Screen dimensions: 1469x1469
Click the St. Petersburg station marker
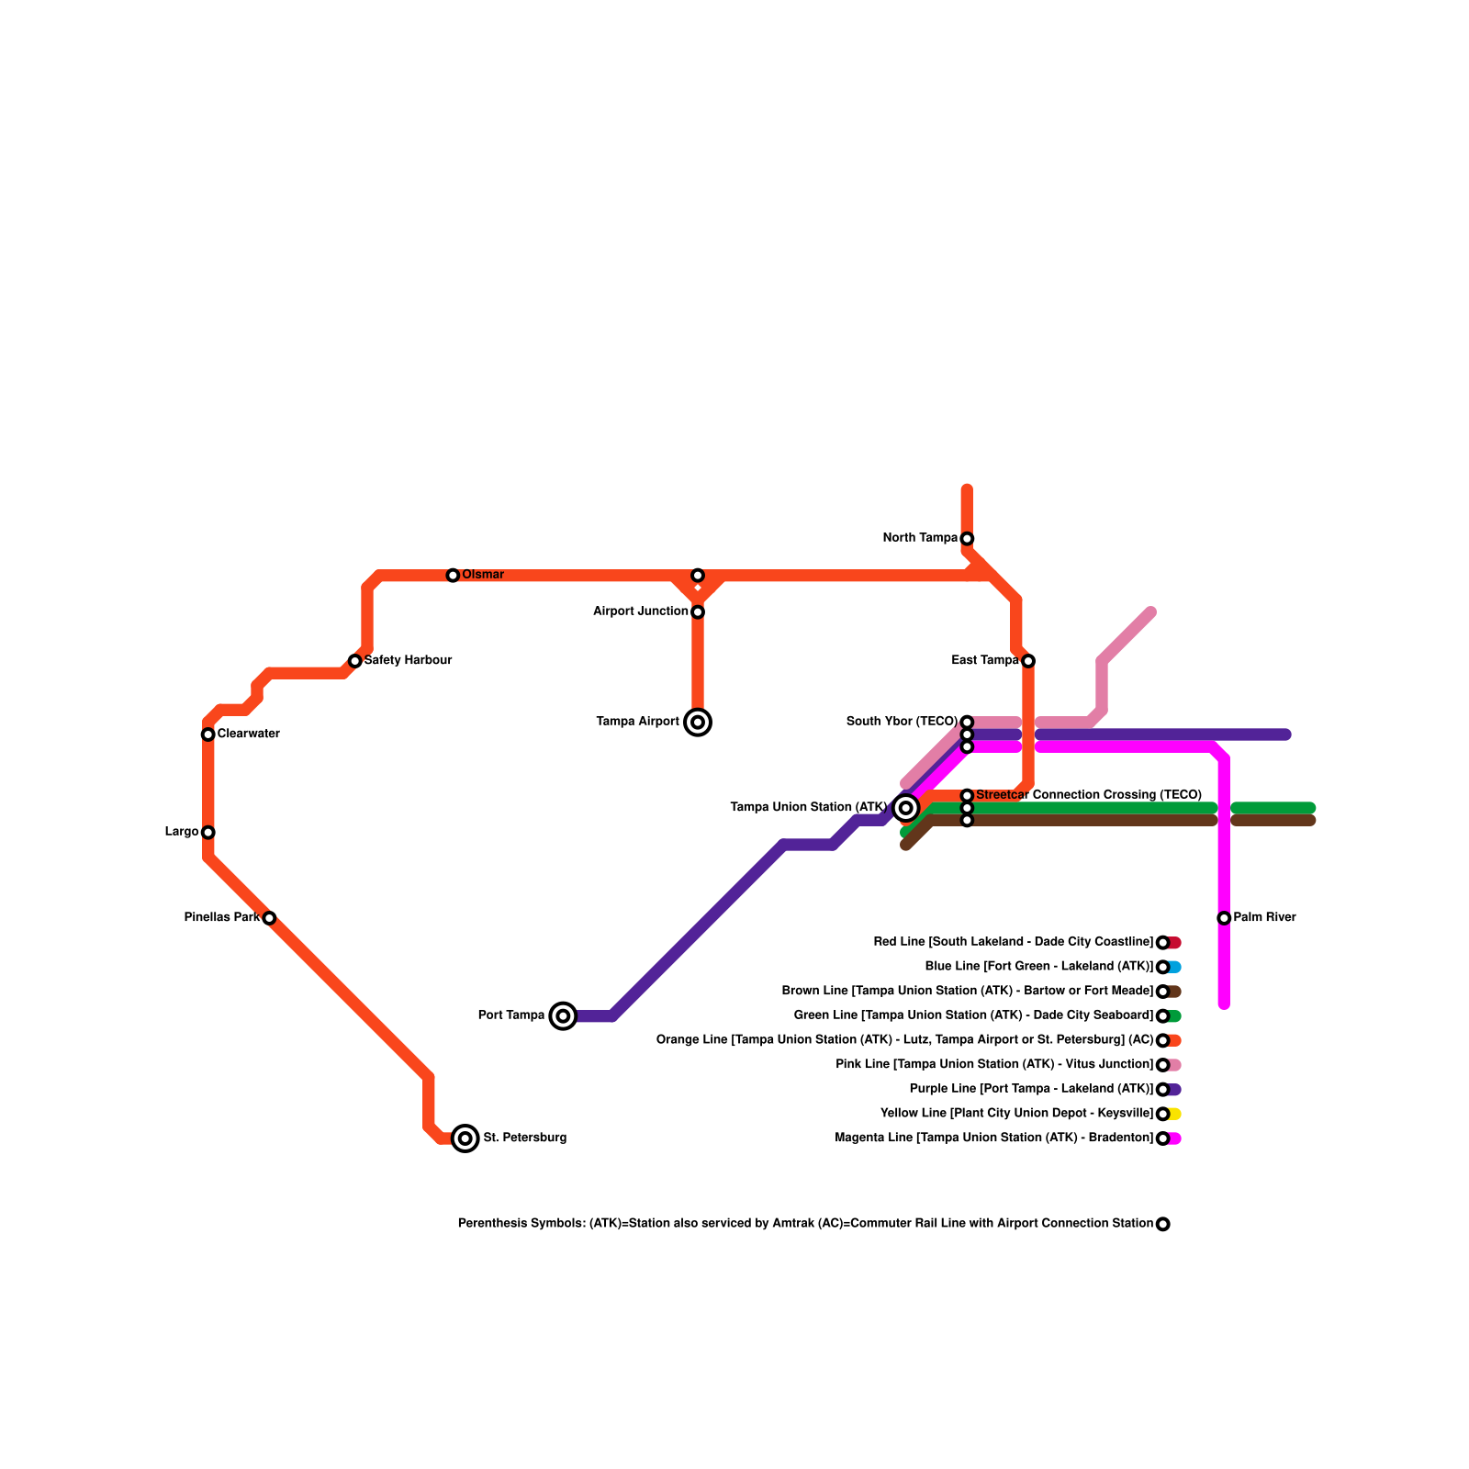pos(465,1138)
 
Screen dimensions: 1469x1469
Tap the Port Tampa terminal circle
pos(563,1015)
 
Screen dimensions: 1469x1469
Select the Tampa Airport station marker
pos(698,723)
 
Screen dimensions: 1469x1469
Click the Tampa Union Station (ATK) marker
pos(906,808)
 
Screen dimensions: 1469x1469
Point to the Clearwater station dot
pos(208,734)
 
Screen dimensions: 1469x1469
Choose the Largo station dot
pos(208,833)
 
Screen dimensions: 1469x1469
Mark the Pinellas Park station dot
pos(269,918)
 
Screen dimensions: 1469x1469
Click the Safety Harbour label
pos(408,661)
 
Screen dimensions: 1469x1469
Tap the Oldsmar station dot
pos(453,576)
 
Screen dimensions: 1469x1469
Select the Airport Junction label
pos(641,611)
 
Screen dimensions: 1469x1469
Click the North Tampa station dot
pos(967,539)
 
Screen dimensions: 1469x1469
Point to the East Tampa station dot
pos(1028,661)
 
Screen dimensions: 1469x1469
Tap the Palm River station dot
pos(1224,918)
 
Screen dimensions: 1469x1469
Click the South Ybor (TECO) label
pos(903,722)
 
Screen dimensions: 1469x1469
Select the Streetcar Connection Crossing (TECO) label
pos(1089,795)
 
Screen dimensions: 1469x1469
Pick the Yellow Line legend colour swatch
pos(1175,1114)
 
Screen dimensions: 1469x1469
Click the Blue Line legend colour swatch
pos(1175,967)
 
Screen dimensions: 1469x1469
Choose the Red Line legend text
pos(1014,942)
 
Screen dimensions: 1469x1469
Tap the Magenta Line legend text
pos(994,1138)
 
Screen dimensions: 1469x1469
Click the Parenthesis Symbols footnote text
pos(805,1224)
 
